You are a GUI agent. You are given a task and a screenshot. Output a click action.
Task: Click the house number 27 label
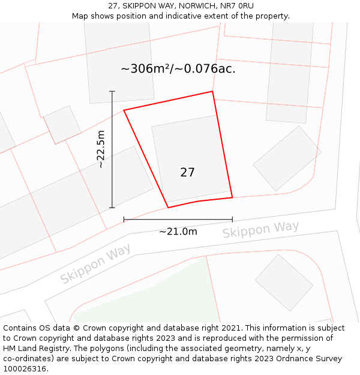pos(187,172)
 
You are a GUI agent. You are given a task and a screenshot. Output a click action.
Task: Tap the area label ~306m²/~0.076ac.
pos(178,68)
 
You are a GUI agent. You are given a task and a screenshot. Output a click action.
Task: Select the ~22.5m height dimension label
pos(101,149)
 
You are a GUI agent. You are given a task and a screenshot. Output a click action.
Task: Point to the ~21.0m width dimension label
pos(178,232)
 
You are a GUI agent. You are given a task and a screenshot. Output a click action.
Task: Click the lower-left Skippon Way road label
pos(95,264)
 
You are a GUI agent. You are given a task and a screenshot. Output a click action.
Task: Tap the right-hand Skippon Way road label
pos(260,229)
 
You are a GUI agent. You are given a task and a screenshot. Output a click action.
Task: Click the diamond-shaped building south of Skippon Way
pos(284,283)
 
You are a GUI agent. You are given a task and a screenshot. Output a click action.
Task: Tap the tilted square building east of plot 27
pos(287,158)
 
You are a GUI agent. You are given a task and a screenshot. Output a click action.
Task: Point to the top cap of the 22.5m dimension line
pos(112,91)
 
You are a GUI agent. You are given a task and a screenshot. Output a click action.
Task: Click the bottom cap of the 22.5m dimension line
pos(112,208)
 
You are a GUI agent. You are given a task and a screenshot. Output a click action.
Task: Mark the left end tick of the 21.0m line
pos(124,220)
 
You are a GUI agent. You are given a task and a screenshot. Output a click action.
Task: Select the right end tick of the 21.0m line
pos(232,220)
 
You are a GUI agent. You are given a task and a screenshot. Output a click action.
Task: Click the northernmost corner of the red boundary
pos(212,92)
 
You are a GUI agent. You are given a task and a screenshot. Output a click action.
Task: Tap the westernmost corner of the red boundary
pos(124,110)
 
